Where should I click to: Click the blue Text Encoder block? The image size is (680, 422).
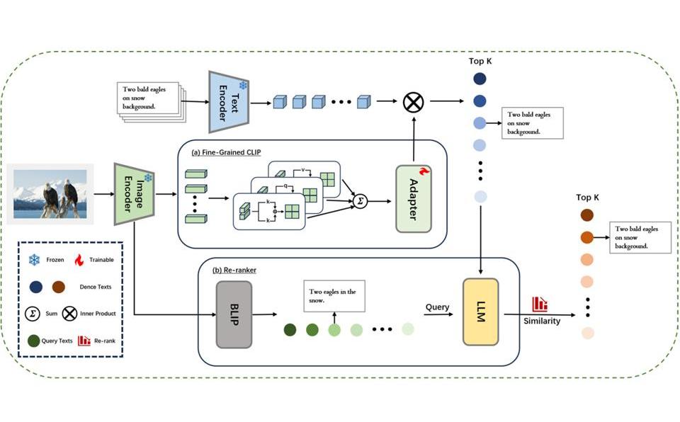tap(229, 102)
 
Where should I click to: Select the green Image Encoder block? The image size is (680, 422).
tap(134, 194)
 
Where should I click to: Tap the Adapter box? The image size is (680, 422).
tap(413, 199)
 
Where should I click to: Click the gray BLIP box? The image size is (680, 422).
tap(234, 314)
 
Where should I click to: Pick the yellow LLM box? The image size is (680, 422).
tap(480, 312)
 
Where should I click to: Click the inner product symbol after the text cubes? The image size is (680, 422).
tap(413, 103)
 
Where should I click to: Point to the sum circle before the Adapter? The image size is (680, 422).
tap(360, 201)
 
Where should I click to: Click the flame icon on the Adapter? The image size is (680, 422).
tap(424, 171)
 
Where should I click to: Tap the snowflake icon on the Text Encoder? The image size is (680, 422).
tap(243, 85)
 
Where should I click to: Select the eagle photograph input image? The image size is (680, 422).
tap(50, 194)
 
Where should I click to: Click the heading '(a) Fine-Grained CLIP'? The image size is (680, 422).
tap(226, 152)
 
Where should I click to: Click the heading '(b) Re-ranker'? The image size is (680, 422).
tap(234, 270)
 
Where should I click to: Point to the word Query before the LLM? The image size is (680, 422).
tap(437, 307)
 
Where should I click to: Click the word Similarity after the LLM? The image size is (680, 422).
tap(542, 321)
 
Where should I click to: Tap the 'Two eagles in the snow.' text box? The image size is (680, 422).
tap(334, 296)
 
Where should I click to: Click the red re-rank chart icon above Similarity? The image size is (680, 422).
tap(540, 304)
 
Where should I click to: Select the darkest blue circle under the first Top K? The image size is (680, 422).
tap(480, 79)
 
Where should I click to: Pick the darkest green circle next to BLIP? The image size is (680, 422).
tap(290, 330)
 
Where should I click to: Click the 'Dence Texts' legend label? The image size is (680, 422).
tap(96, 287)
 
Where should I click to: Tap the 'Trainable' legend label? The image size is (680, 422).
tap(101, 260)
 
